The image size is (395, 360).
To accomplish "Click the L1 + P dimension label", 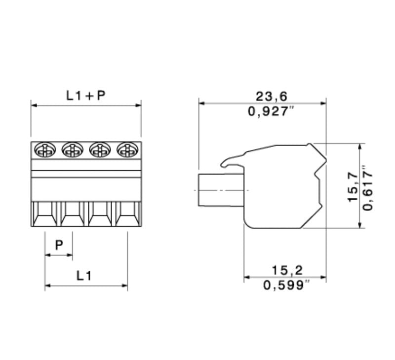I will (86, 96).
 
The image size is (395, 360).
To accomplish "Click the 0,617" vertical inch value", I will (368, 186).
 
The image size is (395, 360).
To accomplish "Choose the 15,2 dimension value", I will (287, 270).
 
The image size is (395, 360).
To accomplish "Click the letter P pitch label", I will (59, 245).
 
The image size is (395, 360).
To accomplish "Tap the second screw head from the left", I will (72, 149).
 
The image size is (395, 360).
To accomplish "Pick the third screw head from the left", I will (100, 149).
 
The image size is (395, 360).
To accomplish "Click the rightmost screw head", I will (127, 149).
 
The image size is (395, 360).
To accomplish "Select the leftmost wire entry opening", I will (45, 215).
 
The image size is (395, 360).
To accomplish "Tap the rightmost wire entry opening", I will (128, 215).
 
